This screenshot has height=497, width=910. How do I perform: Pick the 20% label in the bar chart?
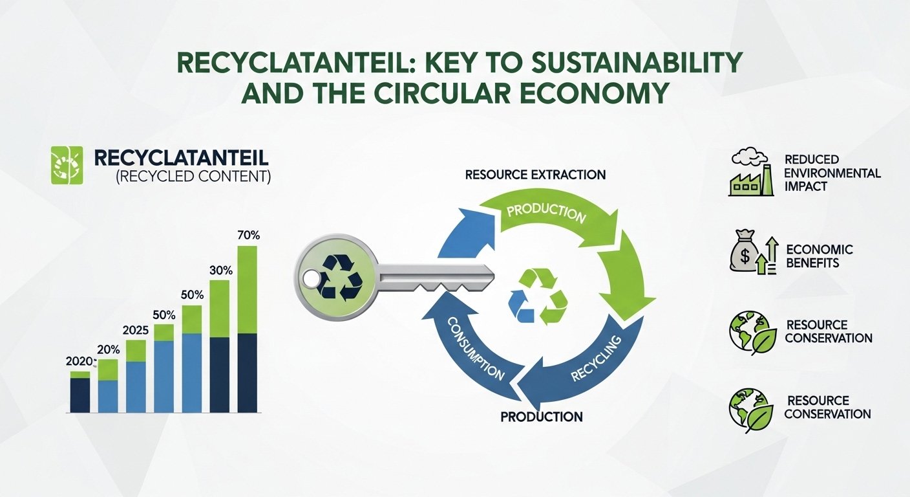point(108,349)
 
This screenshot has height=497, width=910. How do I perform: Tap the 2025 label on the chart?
point(135,330)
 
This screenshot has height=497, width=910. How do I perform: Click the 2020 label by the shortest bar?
point(80,361)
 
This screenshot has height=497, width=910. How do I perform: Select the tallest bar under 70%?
point(248,330)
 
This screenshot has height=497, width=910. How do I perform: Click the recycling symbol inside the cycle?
point(538,296)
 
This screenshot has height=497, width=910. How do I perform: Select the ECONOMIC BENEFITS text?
point(820,256)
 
